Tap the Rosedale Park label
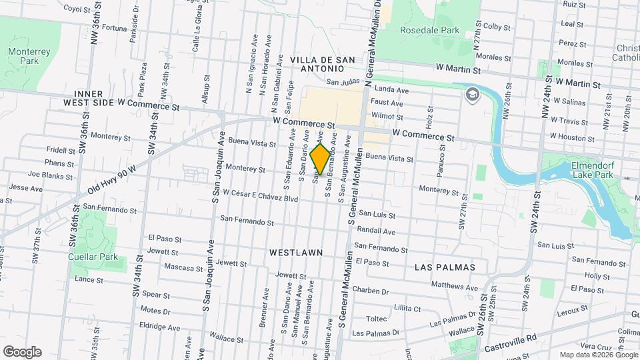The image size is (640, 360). (x=429, y=30)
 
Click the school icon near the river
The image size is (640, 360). (x=473, y=94)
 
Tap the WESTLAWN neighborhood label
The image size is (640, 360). (x=296, y=253)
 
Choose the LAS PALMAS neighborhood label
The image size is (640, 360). (x=445, y=267)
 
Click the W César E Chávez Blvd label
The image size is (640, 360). (x=260, y=198)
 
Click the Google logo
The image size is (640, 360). (x=22, y=351)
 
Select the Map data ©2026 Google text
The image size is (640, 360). (x=598, y=355)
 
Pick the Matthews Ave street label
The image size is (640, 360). (x=455, y=287)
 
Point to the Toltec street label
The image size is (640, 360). (x=376, y=319)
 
